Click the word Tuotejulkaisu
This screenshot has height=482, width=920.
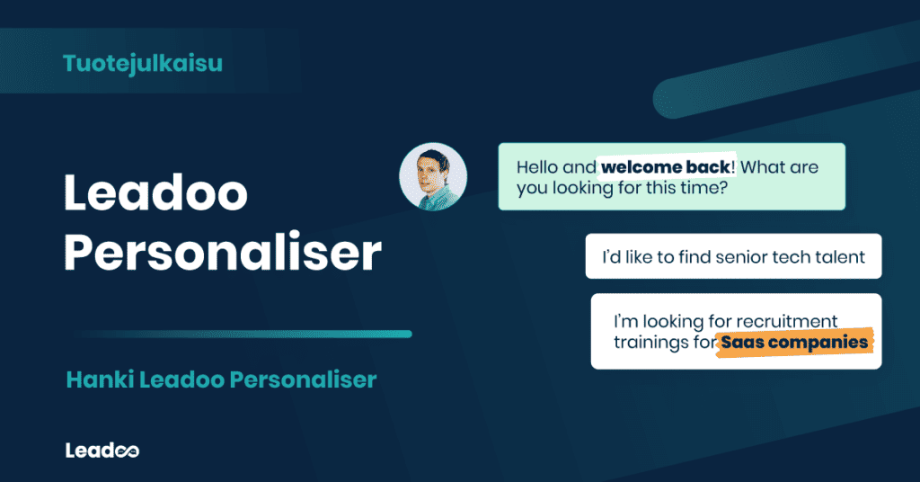click(x=143, y=63)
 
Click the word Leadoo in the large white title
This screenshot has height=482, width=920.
click(x=155, y=192)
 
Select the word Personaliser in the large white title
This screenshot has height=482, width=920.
click(x=222, y=254)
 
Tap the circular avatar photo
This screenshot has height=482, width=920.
click(x=433, y=177)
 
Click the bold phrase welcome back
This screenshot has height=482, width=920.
click(x=667, y=167)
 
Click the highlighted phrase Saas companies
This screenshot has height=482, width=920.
click(x=794, y=343)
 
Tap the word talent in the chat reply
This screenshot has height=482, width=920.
click(x=839, y=257)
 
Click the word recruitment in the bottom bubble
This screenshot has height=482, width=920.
click(x=786, y=321)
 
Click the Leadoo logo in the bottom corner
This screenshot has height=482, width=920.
click(x=102, y=451)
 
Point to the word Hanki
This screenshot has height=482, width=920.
click(x=94, y=380)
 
